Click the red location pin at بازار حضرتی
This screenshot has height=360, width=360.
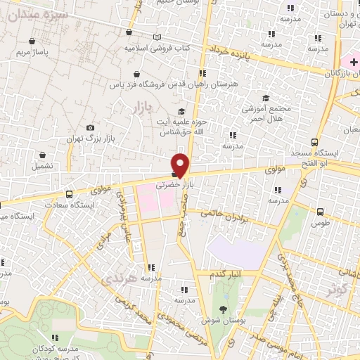181,164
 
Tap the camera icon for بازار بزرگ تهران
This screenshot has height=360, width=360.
90,127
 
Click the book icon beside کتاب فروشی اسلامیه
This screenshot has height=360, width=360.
157,37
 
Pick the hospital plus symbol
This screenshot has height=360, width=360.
353,63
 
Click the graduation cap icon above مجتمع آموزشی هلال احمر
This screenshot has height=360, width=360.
266,98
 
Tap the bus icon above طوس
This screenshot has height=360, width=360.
321,212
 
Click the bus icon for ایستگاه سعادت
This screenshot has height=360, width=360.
69,194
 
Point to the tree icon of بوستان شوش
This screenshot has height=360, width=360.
224,310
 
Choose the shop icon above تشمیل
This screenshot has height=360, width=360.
42,155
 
